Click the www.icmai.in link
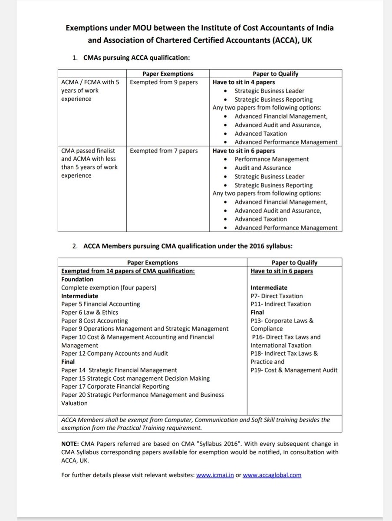click(x=214, y=475)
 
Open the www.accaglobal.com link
click(x=272, y=475)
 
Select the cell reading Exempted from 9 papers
click(x=164, y=82)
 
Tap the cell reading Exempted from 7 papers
click(x=164, y=151)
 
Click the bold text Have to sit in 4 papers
click(x=244, y=82)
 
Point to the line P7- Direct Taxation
click(x=277, y=296)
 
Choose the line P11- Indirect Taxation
click(x=280, y=304)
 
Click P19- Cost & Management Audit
click(x=294, y=370)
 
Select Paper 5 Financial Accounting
click(x=100, y=304)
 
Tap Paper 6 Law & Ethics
click(x=89, y=312)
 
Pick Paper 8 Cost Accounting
click(x=94, y=320)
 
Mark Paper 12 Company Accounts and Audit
click(x=114, y=353)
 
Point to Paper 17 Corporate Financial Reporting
click(x=115, y=386)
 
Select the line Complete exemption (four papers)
click(x=109, y=287)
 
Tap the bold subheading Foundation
click(x=77, y=279)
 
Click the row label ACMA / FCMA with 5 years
click(x=90, y=82)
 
